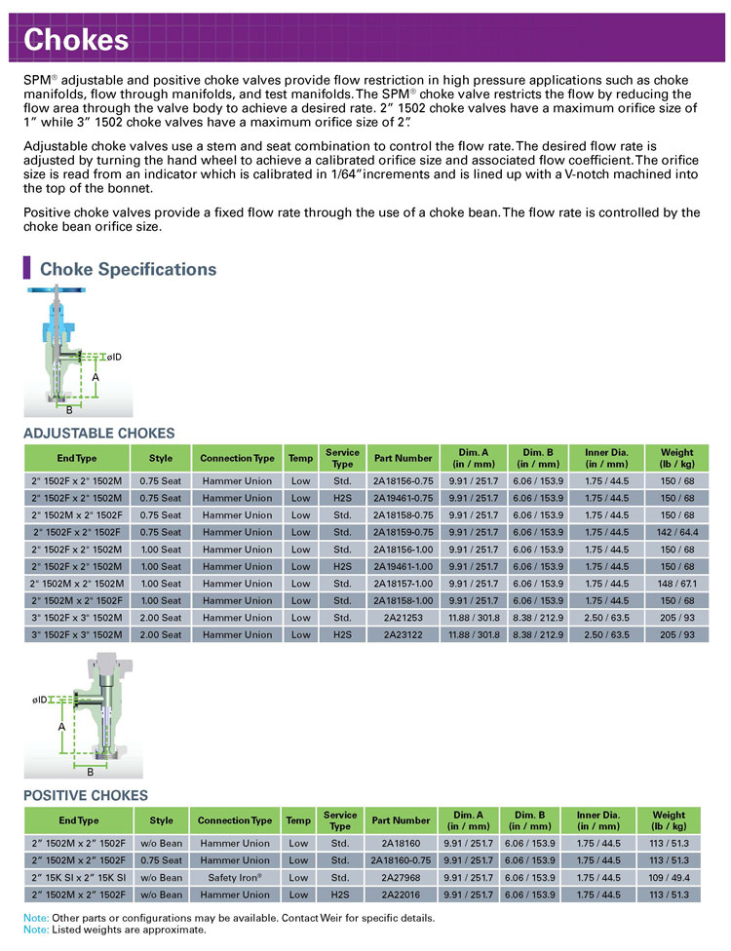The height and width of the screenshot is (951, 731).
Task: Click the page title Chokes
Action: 76,39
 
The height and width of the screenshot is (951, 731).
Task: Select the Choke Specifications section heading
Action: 128,269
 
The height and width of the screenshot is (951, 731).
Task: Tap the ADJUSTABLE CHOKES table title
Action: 98,433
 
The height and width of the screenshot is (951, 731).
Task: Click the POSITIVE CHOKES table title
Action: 86,795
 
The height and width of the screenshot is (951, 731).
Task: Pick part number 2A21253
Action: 403,618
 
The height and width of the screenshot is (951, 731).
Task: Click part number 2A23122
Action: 403,634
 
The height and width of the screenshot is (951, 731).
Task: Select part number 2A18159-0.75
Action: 403,532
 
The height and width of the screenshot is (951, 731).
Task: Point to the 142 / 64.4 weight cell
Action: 677,532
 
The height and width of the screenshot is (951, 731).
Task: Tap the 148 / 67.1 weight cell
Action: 677,583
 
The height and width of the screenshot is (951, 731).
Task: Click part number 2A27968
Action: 401,878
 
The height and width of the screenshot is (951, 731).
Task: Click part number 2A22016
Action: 401,894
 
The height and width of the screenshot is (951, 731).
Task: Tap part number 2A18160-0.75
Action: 401,860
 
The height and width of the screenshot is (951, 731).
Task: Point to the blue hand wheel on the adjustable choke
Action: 56,289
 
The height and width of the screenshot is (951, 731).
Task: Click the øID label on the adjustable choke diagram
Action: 114,357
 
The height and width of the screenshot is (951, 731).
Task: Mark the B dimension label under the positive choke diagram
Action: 90,772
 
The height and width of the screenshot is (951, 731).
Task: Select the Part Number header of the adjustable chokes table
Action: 403,458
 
